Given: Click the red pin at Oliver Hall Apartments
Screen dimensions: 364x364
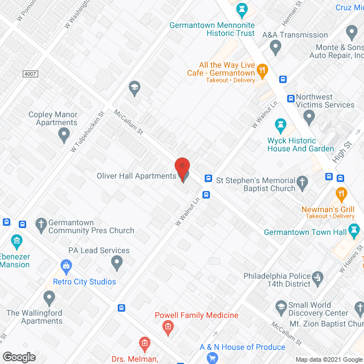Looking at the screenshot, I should (x=182, y=168).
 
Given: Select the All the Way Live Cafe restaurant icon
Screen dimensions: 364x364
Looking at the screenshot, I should (x=262, y=71).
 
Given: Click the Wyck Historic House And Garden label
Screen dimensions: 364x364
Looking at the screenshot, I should (x=300, y=144).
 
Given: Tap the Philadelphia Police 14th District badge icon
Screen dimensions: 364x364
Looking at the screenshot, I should (x=318, y=278).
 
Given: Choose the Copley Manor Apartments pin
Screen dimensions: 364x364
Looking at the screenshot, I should (x=64, y=135).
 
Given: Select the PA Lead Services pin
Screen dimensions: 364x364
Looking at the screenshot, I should (x=117, y=263).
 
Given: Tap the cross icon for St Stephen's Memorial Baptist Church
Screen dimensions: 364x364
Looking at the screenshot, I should (x=303, y=183).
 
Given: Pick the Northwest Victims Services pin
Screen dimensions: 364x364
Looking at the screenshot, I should (x=309, y=117).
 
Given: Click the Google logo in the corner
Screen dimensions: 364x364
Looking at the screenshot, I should (x=19, y=357).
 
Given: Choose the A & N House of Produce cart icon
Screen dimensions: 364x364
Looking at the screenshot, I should (x=213, y=358).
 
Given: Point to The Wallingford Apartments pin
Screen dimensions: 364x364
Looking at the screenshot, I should (x=49, y=297).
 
